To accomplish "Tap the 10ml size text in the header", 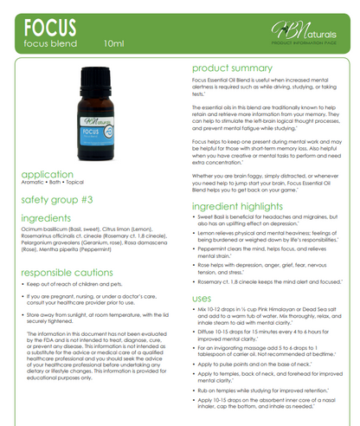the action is click(113, 41).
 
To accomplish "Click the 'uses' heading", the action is click(202, 298).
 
